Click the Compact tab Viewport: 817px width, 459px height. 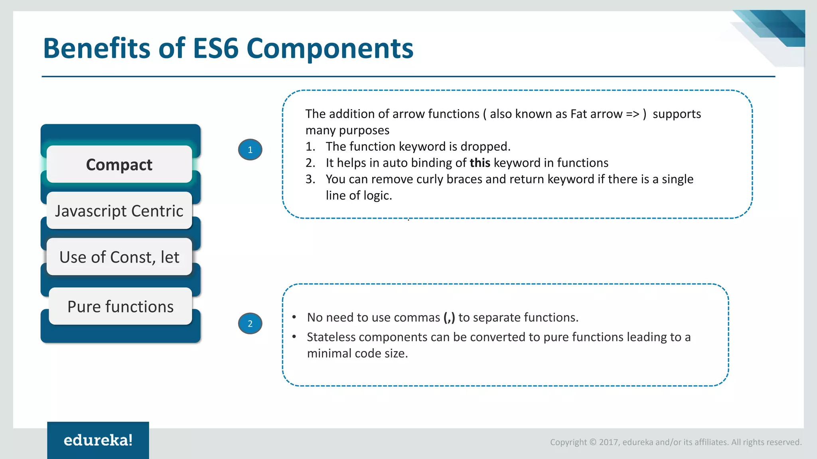tap(119, 165)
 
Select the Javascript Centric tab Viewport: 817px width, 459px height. tap(119, 211)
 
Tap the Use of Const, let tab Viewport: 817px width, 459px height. tap(119, 257)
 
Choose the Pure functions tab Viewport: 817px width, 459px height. tap(120, 306)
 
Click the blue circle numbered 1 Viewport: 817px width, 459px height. tap(250, 150)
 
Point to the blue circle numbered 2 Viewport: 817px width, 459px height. tap(250, 324)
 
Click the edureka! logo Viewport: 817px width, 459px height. tap(98, 440)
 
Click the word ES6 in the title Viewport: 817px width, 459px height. tap(216, 49)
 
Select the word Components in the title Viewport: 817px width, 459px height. tap(330, 49)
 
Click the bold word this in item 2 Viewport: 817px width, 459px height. tap(480, 163)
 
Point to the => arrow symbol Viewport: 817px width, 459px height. tap(633, 114)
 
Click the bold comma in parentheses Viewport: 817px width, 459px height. tap(449, 318)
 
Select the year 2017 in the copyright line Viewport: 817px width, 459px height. tap(608, 442)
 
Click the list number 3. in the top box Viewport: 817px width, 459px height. tap(310, 179)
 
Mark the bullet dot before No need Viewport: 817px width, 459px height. tap(294, 317)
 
